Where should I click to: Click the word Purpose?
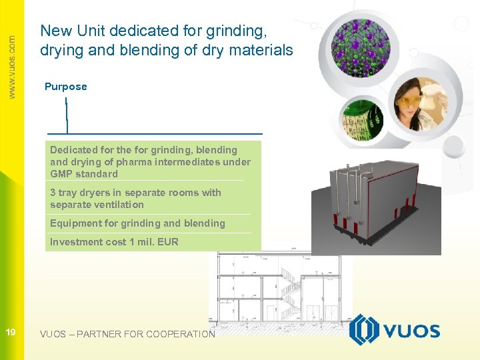[x=65, y=87]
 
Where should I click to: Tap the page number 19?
[x=11, y=333]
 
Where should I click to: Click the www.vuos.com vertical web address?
[x=11, y=67]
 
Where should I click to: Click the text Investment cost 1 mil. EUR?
[x=114, y=242]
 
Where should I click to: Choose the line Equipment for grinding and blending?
[x=137, y=223]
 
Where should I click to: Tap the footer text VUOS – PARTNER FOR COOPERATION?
[x=127, y=334]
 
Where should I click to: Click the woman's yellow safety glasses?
[x=408, y=99]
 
